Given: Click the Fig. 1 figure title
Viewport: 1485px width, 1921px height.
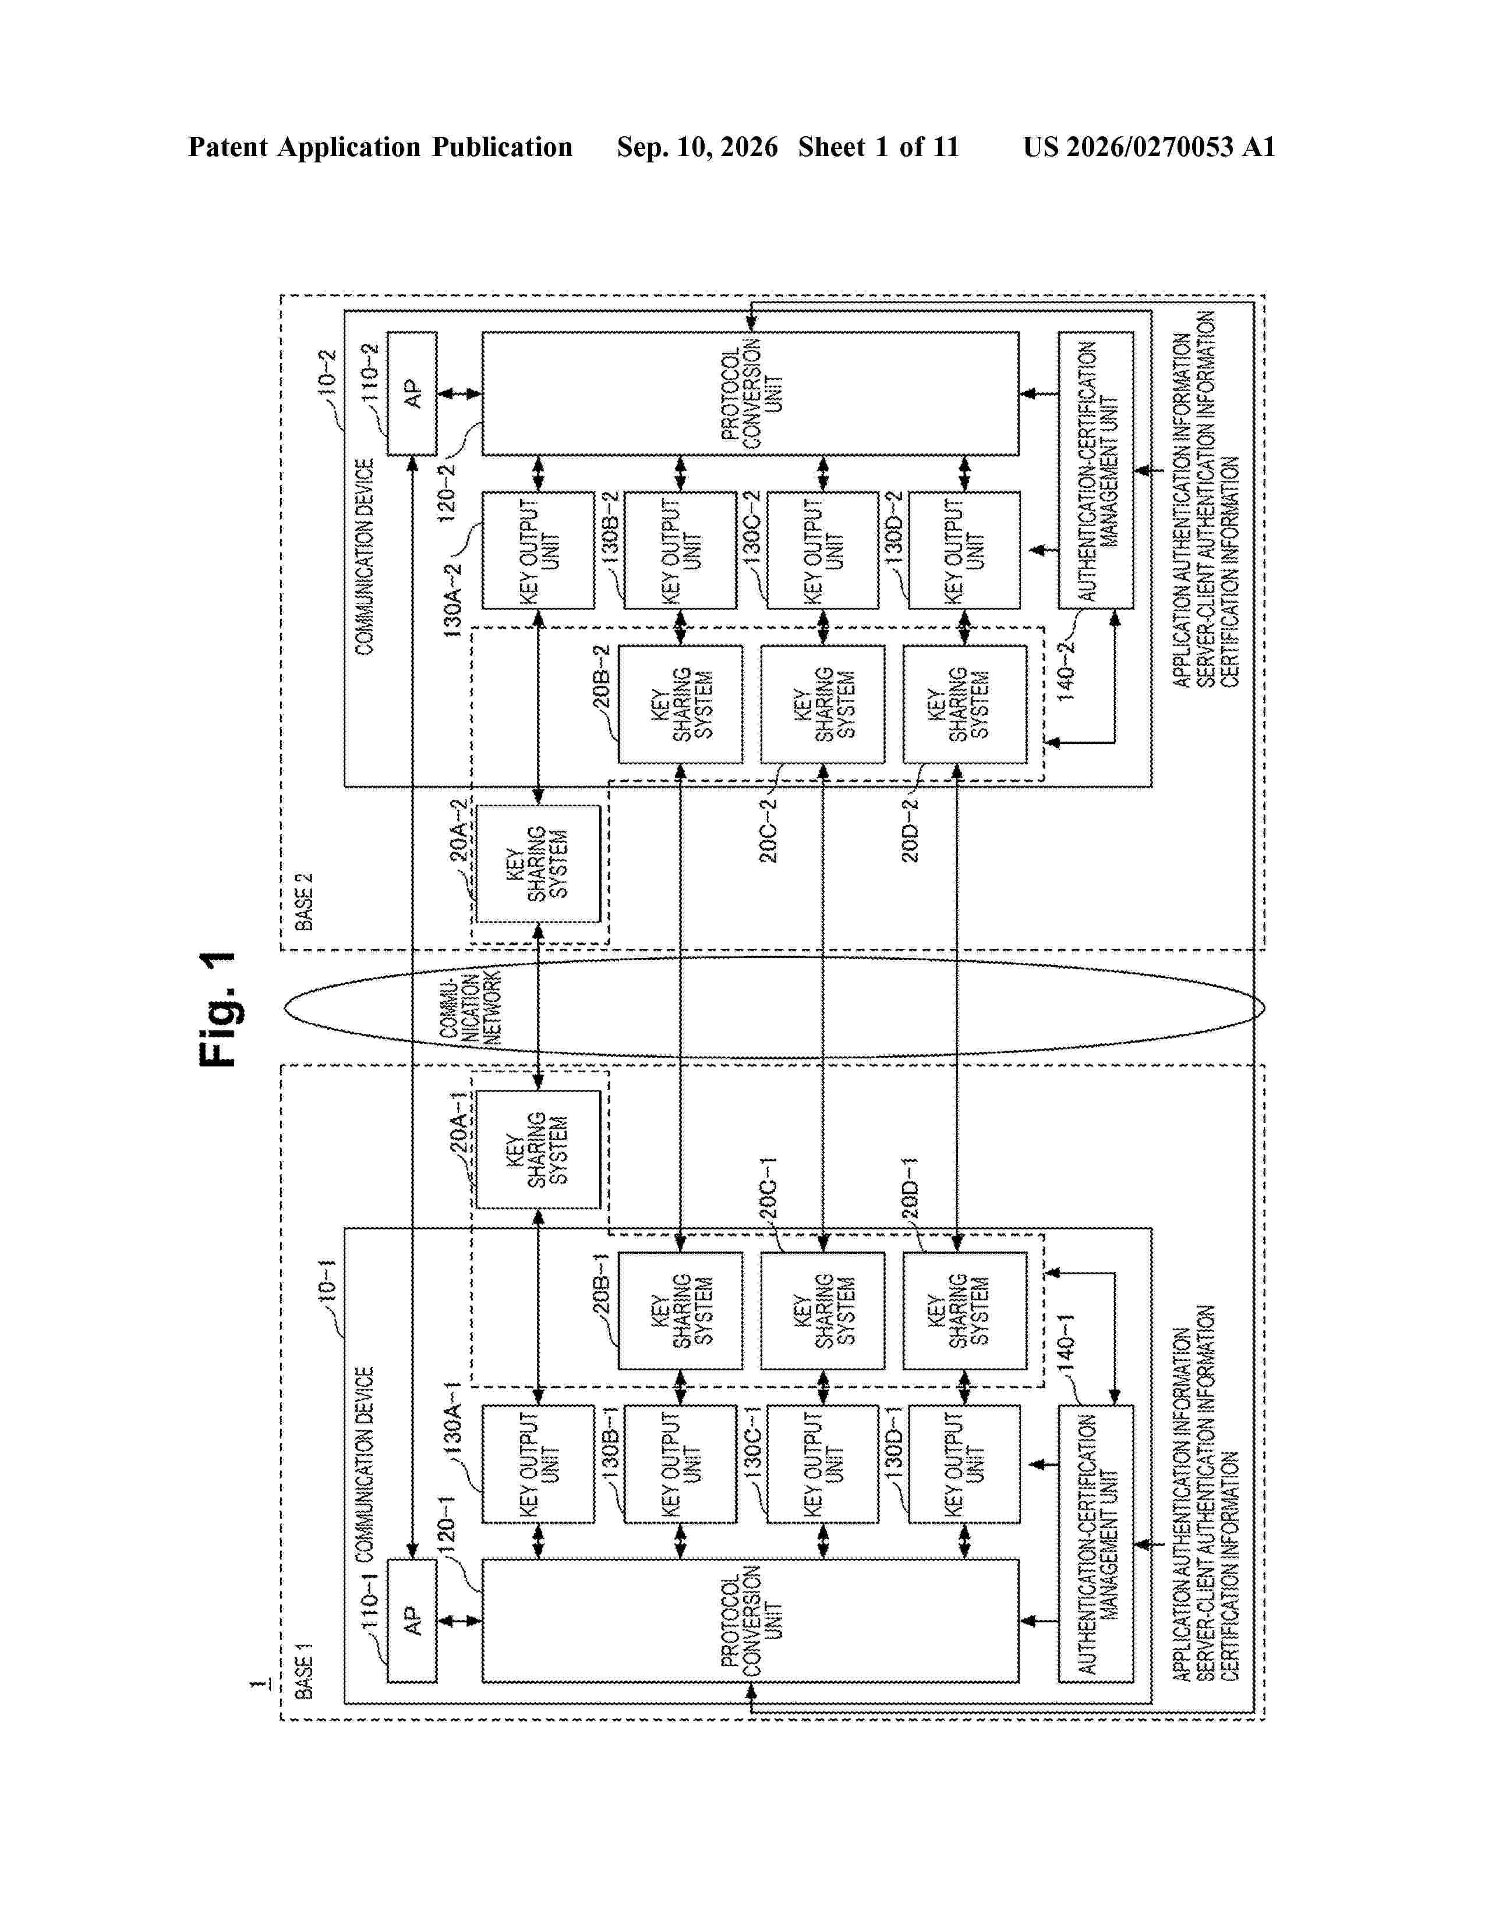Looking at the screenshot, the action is pyautogui.click(x=218, y=1009).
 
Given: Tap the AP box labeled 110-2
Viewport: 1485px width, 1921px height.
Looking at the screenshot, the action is pyautogui.click(x=412, y=393).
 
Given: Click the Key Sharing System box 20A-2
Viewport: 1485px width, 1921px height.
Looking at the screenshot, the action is pyautogui.click(x=538, y=864).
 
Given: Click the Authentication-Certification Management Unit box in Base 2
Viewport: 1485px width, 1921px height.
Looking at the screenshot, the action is pyautogui.click(x=1095, y=470).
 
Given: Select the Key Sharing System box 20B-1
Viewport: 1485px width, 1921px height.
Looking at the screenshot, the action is pyautogui.click(x=680, y=1310).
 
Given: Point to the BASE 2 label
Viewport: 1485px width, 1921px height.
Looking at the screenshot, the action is pyautogui.click(x=303, y=902).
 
